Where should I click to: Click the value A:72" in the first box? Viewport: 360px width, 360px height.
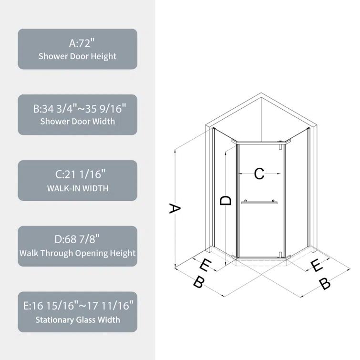(x=78, y=43)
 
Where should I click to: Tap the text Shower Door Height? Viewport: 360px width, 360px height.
(x=78, y=56)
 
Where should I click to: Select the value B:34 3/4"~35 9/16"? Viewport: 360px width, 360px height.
(x=78, y=109)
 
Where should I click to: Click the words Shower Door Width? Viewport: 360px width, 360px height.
(x=78, y=122)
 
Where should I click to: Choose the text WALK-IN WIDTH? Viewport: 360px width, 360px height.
(x=78, y=188)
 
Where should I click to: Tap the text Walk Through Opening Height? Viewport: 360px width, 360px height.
(x=78, y=253)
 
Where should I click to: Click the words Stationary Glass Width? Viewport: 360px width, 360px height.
(x=78, y=319)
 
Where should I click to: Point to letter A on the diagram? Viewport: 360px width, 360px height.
(x=175, y=208)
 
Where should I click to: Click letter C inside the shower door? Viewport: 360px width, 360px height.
(x=259, y=174)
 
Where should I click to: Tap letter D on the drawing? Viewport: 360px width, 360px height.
(x=226, y=201)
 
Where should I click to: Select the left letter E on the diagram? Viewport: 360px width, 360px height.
(x=205, y=265)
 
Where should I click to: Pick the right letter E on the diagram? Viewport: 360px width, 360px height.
(x=316, y=266)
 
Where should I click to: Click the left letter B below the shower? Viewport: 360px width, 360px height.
(x=199, y=282)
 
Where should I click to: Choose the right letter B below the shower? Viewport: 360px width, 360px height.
(x=324, y=284)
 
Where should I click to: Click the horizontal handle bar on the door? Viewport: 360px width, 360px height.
(x=259, y=203)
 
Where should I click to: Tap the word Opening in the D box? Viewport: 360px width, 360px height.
(x=90, y=253)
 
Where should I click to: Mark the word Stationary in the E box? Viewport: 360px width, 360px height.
(x=56, y=319)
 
